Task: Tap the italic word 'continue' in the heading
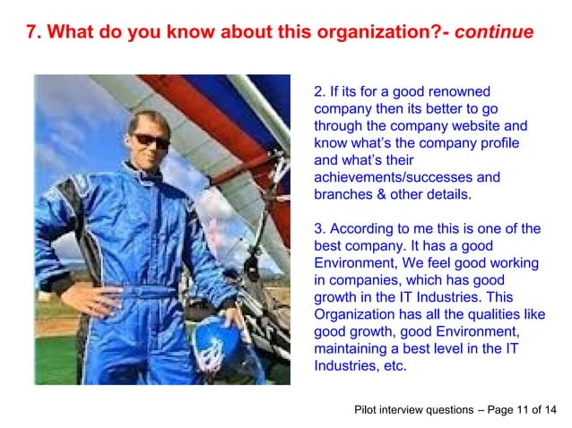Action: coord(494,33)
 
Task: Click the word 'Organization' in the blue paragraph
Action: coord(355,315)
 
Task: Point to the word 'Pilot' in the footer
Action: coord(368,410)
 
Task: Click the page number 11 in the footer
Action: coord(523,410)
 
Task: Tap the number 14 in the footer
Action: coord(550,410)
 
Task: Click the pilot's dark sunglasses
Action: coord(150,141)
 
